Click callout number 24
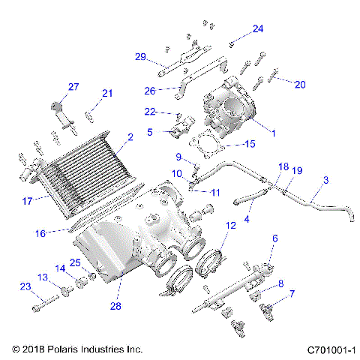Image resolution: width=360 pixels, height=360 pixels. [258, 28]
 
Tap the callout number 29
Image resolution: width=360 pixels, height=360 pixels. [140, 57]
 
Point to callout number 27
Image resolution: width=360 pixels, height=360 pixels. [73, 87]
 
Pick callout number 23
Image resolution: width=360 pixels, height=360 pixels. [25, 286]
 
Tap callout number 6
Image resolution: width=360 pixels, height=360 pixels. [275, 238]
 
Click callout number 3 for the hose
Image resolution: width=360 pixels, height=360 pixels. [325, 181]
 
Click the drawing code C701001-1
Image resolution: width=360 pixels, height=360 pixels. [330, 349]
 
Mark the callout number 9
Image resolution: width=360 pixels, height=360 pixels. [178, 157]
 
